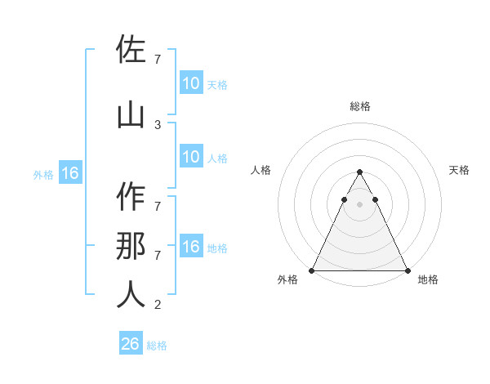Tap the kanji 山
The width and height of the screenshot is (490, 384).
(131, 116)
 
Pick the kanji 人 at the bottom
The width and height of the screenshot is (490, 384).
(131, 295)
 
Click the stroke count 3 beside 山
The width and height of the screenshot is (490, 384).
(158, 124)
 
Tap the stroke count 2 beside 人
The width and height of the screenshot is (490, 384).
(158, 305)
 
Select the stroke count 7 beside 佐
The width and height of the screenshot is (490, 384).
(158, 59)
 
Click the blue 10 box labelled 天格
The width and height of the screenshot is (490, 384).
(190, 83)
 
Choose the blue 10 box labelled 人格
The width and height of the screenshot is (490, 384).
(190, 157)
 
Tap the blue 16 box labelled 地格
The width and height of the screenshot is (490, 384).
(190, 247)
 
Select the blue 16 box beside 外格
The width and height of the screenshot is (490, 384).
(70, 173)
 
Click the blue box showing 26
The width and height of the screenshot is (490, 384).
(131, 344)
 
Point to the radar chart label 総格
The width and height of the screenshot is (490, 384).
(360, 106)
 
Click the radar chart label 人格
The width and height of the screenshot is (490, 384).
(261, 170)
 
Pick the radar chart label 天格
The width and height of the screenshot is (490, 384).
(460, 170)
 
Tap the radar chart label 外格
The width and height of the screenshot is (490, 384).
(287, 280)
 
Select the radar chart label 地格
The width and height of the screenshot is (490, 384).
(428, 280)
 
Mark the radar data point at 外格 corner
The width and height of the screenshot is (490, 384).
(312, 270)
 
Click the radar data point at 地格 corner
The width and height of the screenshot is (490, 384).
(408, 270)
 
